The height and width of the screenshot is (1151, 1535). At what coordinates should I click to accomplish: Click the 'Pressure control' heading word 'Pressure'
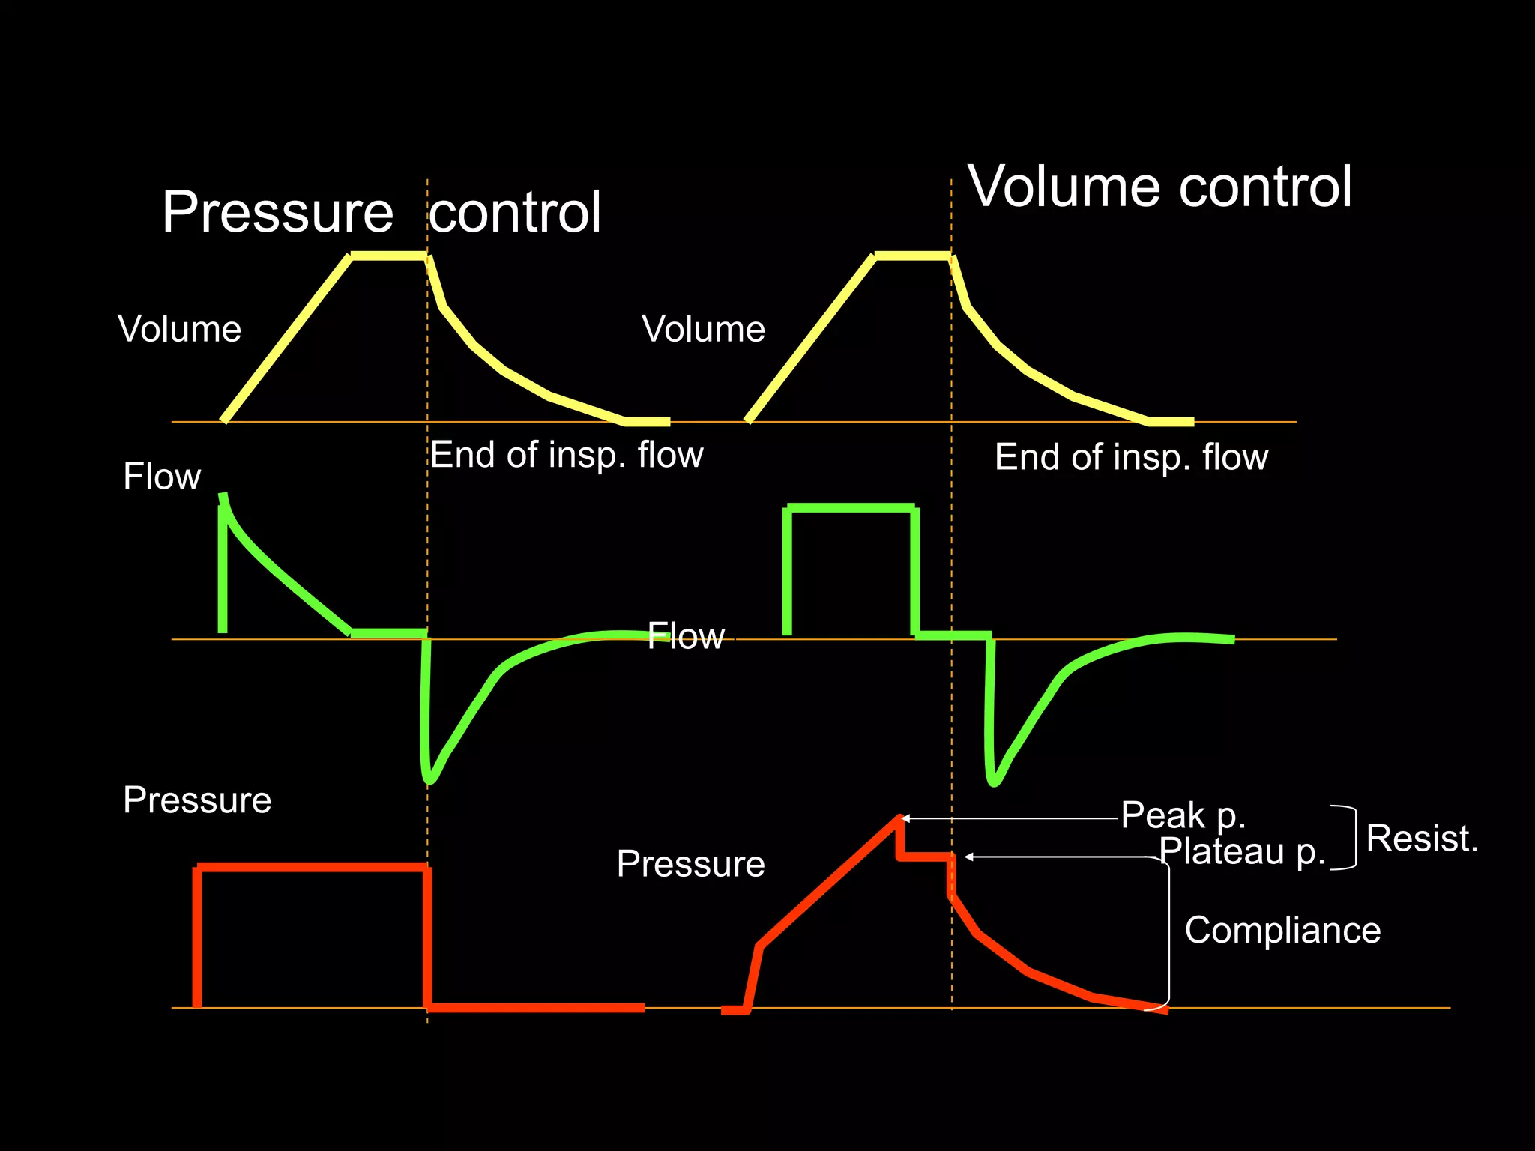pyautogui.click(x=277, y=212)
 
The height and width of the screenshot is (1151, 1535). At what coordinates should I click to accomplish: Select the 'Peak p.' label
pyautogui.click(x=1183, y=815)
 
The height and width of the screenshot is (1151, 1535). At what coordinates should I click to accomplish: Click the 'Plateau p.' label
pyautogui.click(x=1242, y=851)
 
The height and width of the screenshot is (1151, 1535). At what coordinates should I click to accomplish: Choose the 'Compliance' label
pyautogui.click(x=1282, y=930)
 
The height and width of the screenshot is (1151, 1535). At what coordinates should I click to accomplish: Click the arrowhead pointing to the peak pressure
pyautogui.click(x=905, y=818)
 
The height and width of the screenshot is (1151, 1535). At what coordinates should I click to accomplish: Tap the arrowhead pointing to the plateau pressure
pyautogui.click(x=968, y=857)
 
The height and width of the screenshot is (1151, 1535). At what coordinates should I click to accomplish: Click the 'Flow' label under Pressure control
pyautogui.click(x=162, y=477)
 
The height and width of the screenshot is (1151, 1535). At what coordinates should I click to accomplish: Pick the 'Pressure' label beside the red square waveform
pyautogui.click(x=197, y=800)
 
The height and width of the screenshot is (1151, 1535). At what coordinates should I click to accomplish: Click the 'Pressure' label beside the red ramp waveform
pyautogui.click(x=690, y=863)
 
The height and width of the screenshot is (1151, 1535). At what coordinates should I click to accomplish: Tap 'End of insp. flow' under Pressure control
pyautogui.click(x=567, y=455)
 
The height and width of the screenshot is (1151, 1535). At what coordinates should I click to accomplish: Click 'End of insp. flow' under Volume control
pyautogui.click(x=1131, y=457)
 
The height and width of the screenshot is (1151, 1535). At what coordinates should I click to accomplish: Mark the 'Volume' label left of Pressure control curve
pyautogui.click(x=179, y=329)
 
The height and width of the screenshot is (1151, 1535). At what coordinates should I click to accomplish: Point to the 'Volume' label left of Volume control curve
pyautogui.click(x=703, y=329)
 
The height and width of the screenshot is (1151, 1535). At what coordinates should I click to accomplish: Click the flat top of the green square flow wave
pyautogui.click(x=851, y=508)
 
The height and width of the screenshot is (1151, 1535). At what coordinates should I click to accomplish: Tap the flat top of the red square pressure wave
pyautogui.click(x=311, y=867)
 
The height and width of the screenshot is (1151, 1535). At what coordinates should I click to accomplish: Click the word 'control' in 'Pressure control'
pyautogui.click(x=515, y=212)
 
